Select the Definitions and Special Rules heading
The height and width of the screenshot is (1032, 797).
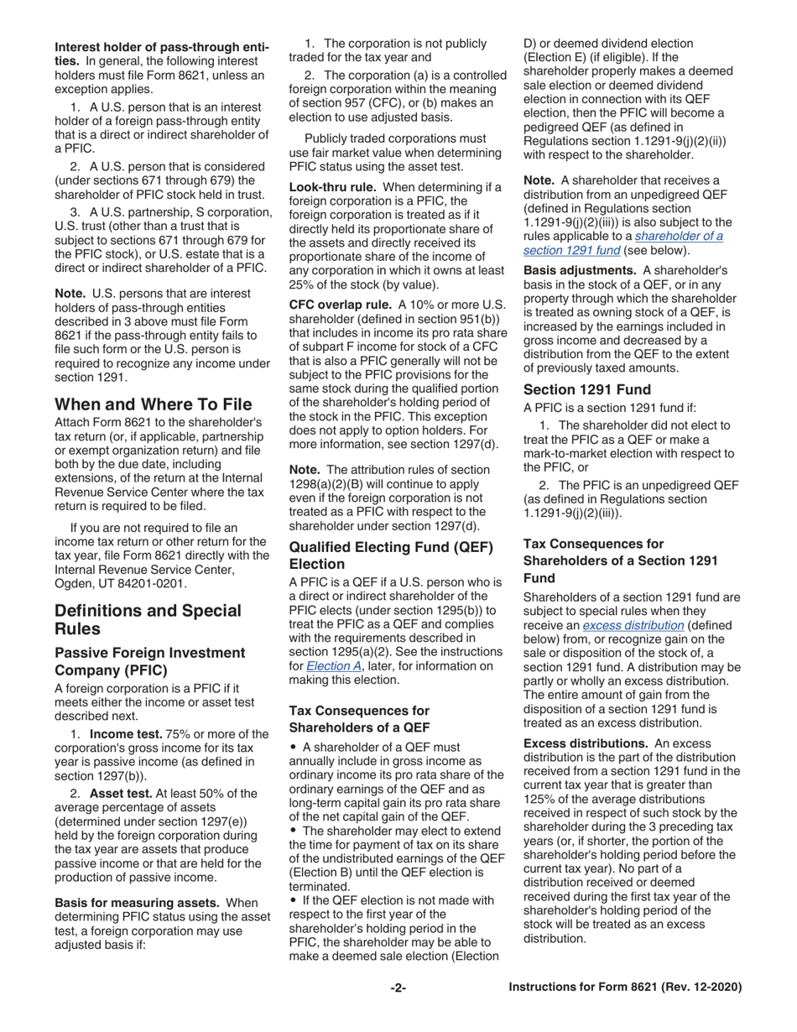pyautogui.click(x=148, y=619)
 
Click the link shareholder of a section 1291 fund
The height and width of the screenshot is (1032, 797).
pyautogui.click(x=622, y=243)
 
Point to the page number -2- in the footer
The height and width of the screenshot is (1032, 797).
pyautogui.click(x=398, y=988)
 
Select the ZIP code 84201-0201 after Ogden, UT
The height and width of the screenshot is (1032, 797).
pyautogui.click(x=157, y=583)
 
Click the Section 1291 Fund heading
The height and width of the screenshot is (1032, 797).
pyautogui.click(x=586, y=388)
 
